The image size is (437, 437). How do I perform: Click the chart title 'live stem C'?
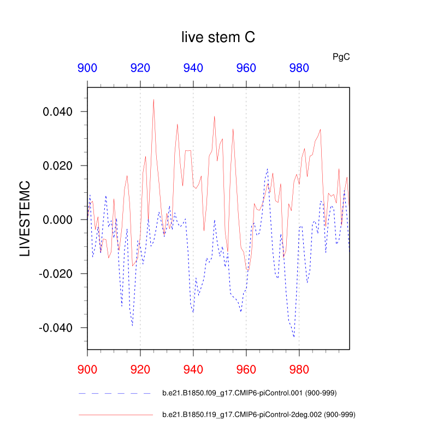coord(218,37)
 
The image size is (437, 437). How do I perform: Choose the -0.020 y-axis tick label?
coord(57,274)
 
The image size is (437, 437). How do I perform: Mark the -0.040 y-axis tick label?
coord(57,328)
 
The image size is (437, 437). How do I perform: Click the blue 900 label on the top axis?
coord(87,68)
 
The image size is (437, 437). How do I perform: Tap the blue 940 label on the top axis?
coord(193,68)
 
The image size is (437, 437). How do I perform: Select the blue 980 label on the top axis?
coord(299,68)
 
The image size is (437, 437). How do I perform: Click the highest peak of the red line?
coord(153,99)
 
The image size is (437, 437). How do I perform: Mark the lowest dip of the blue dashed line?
coord(294,337)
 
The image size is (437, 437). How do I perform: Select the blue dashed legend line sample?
coord(115,393)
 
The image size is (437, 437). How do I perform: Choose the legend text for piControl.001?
coord(248,393)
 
